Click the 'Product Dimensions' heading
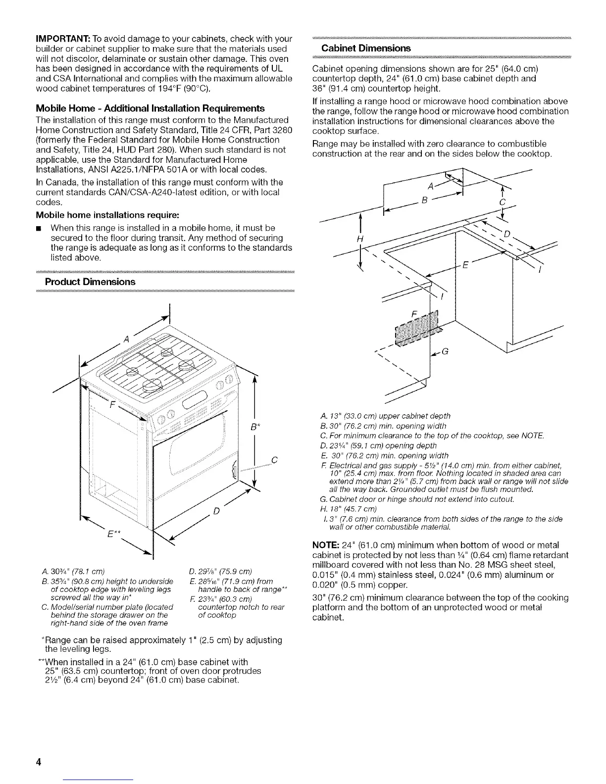coord(90,282)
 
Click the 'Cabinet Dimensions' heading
coord(366,48)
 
